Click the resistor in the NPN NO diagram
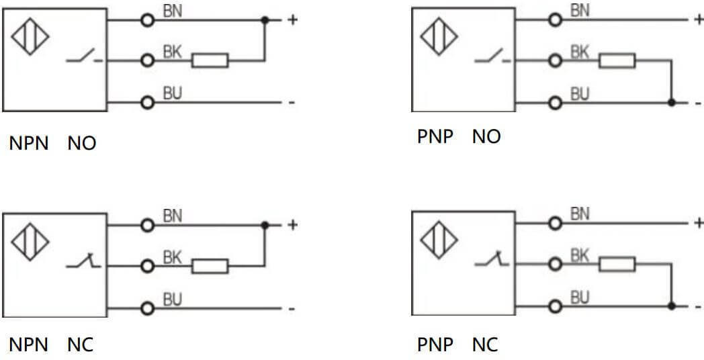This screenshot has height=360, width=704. point(210,60)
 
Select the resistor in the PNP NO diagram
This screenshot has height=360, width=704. point(617,61)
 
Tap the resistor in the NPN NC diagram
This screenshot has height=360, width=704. point(210,266)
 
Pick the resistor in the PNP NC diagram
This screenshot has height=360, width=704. point(617,265)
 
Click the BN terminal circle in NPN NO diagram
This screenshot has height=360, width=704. point(147,20)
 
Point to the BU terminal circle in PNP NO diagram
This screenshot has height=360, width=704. point(554,103)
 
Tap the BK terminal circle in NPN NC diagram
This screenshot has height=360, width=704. point(147,266)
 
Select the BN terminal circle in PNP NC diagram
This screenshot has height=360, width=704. point(554,224)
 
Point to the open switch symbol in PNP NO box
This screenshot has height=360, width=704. point(492,58)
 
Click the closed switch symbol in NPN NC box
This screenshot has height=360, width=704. point(84,263)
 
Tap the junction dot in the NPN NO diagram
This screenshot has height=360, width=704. point(265,20)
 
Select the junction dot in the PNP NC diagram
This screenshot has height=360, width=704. point(672,306)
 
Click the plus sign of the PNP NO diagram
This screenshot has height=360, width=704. point(699,19)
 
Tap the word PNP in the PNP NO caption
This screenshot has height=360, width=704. point(435,137)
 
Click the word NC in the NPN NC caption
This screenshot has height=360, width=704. point(81,345)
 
